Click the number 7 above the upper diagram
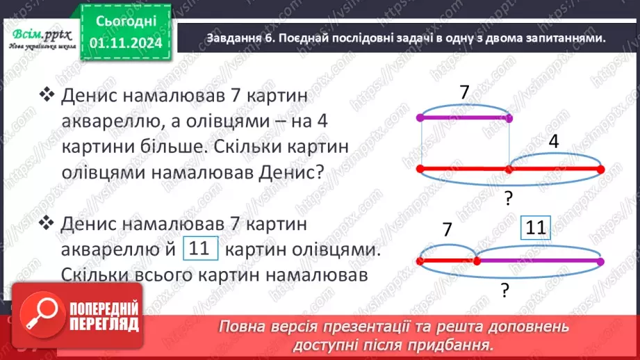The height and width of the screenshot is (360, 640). [x=464, y=92]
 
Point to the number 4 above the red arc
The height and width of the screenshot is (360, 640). [x=553, y=142]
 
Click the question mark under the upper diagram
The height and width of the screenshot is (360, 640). [x=509, y=199]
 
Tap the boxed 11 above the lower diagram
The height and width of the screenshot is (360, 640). [x=535, y=229]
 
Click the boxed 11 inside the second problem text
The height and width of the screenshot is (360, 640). [x=199, y=249]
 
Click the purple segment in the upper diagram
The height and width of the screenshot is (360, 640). [x=464, y=118]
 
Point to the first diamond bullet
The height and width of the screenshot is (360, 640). [x=47, y=95]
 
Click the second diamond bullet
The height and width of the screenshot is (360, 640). [x=47, y=223]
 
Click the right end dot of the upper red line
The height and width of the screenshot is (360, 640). [x=600, y=169]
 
